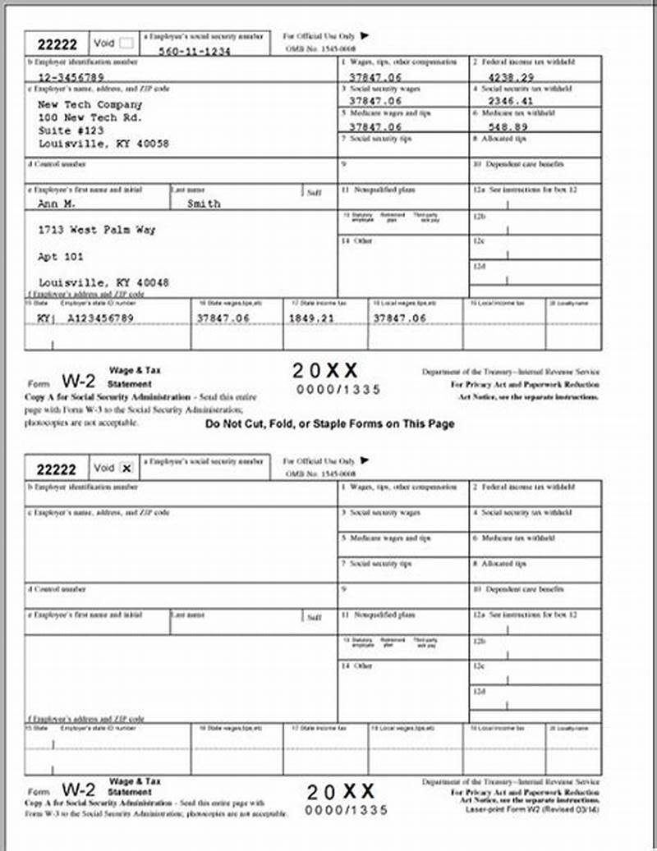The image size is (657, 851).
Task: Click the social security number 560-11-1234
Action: (195, 51)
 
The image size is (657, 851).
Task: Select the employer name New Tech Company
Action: (90, 105)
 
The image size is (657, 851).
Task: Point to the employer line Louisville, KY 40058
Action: (103, 144)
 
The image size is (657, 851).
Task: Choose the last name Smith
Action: (204, 204)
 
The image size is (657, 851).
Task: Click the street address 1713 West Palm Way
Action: (97, 231)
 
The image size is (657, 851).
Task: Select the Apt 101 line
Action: (61, 257)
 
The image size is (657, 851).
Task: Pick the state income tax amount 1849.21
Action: (312, 318)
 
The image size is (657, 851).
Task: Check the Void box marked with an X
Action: (126, 468)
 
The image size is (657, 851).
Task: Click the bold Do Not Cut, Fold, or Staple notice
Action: (329, 424)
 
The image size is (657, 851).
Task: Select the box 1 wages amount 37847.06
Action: (375, 75)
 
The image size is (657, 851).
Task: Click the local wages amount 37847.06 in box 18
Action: (400, 318)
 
